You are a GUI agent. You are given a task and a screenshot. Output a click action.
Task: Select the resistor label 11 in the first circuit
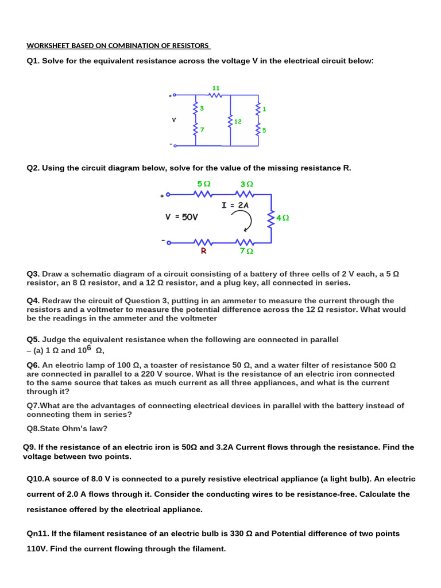coord(216,88)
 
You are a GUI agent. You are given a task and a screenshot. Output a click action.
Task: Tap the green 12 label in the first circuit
coord(238,122)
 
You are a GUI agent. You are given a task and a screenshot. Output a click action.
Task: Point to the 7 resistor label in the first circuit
coord(202,130)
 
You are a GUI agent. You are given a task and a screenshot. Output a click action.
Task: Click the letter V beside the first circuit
coord(173,120)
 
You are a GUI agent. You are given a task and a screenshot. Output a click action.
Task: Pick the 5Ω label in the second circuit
coord(203,184)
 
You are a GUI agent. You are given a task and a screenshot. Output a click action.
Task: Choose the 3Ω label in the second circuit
coord(246,184)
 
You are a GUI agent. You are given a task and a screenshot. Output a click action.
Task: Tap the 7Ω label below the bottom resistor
coord(246,252)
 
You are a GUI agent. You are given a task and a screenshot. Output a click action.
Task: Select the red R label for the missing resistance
coord(203,252)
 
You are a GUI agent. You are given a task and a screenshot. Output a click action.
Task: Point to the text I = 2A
coord(235,205)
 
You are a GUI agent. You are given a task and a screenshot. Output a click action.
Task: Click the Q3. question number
coord(33,274)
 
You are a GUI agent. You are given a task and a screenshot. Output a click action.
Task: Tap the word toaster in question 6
coord(164,365)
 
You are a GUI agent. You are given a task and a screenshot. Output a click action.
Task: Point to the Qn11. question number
coord(37,533)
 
